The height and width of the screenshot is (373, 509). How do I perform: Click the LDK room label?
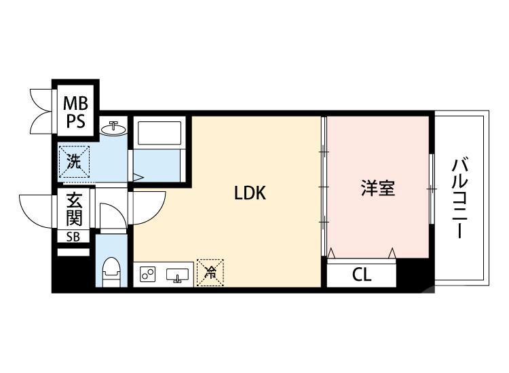(250, 193)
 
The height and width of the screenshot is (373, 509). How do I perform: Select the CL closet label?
(361, 275)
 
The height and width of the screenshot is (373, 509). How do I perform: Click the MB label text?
(75, 104)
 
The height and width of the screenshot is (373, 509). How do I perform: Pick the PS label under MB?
(75, 123)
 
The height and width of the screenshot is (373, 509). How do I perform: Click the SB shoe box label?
(73, 237)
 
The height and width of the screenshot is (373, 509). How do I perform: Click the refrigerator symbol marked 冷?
(210, 273)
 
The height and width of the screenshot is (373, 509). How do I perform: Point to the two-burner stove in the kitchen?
(148, 275)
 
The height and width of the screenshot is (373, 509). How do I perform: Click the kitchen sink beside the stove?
(178, 275)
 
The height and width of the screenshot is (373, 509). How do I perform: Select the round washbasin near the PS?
(115, 127)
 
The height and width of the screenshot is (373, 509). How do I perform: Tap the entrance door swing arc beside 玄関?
(37, 210)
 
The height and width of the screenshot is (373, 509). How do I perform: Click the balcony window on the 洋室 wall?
(432, 188)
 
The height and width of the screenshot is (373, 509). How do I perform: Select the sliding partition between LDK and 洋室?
(324, 183)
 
